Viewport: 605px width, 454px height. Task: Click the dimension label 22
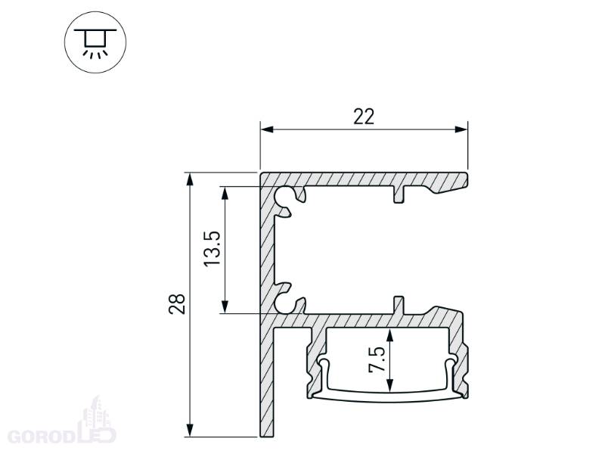point(364,117)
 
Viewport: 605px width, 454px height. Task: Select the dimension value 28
point(177,304)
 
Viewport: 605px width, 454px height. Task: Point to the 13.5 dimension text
point(212,248)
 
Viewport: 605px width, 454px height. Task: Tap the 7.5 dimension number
point(377,359)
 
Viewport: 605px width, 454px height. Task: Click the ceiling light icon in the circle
point(95,42)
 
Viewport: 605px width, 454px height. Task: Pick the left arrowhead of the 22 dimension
point(267,129)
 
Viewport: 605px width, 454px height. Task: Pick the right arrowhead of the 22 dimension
point(461,129)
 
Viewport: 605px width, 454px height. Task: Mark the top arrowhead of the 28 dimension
point(190,179)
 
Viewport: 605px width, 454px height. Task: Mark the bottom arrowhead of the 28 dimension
point(190,430)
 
